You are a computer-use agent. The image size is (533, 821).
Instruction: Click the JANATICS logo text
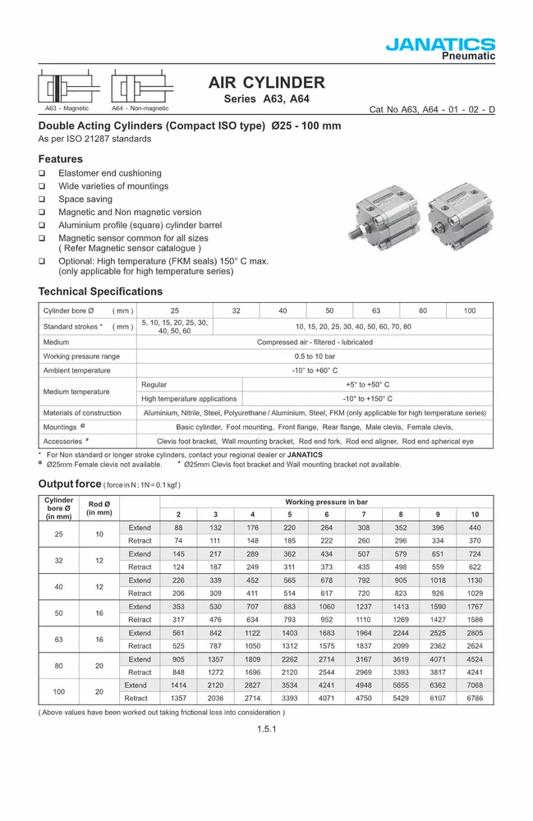point(440,44)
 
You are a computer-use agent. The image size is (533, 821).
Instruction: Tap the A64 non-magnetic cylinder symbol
point(140,89)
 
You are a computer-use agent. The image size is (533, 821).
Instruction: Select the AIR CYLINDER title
point(266,83)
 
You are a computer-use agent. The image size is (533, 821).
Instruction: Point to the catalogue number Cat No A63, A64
point(432,109)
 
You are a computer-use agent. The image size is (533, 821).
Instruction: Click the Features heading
point(61,158)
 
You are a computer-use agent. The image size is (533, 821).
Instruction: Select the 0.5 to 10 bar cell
point(315,356)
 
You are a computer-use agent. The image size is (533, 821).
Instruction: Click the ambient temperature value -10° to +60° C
point(315,370)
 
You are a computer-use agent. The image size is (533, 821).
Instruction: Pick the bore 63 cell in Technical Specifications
point(376,310)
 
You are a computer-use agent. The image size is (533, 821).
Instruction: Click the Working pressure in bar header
point(326,501)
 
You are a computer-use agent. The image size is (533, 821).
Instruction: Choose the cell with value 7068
point(475,685)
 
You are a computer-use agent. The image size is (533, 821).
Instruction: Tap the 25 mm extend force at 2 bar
point(178,528)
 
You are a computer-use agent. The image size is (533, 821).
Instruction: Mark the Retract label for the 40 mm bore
point(140,592)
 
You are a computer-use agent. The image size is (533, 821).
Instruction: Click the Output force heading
point(70,484)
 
